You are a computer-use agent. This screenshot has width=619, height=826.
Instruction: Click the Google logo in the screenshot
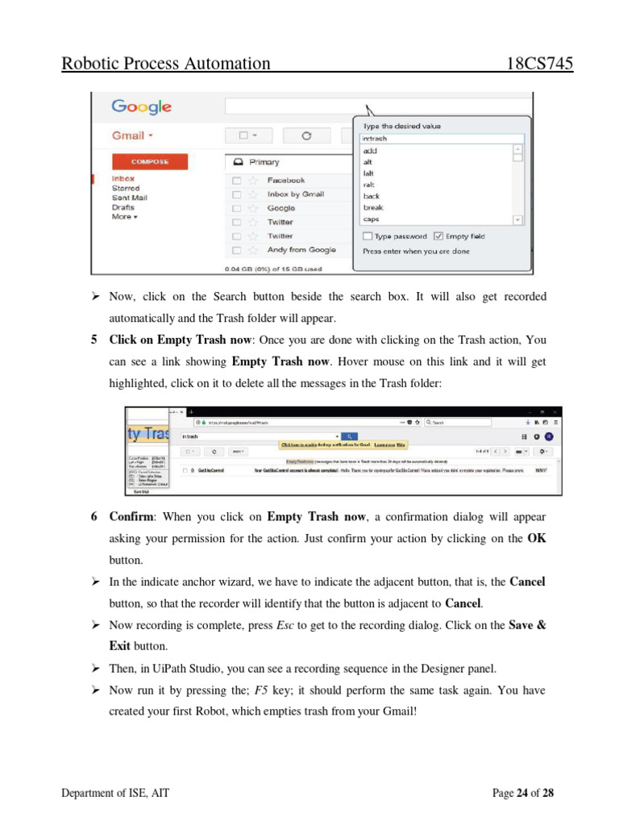pyautogui.click(x=141, y=106)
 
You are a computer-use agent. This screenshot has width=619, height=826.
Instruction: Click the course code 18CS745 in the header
pyautogui.click(x=539, y=64)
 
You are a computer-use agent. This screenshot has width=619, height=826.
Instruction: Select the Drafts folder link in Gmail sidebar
pyautogui.click(x=123, y=207)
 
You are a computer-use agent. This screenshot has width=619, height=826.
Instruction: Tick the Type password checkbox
pyautogui.click(x=368, y=236)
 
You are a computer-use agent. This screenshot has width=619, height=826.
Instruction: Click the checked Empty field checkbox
pyautogui.click(x=438, y=236)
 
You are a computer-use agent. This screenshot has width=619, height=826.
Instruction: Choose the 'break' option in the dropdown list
pyautogui.click(x=373, y=207)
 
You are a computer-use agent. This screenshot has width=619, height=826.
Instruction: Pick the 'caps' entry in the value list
pyautogui.click(x=371, y=219)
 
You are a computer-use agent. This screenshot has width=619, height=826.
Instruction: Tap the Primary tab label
pyautogui.click(x=264, y=162)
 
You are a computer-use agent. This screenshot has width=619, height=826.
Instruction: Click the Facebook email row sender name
pyautogui.click(x=285, y=181)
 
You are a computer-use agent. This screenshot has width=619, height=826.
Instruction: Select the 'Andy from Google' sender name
pyautogui.click(x=301, y=250)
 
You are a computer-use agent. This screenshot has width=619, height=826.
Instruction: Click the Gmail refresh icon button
pyautogui.click(x=305, y=136)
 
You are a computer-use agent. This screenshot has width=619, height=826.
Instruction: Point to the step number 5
pyautogui.click(x=93, y=340)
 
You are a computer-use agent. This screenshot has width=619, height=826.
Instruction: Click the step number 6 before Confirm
pyautogui.click(x=93, y=516)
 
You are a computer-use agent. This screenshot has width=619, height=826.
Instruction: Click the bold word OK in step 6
pyautogui.click(x=536, y=539)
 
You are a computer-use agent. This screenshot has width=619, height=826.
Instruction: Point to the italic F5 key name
pyautogui.click(x=261, y=690)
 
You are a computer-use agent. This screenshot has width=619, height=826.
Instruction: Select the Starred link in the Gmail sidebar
pyautogui.click(x=126, y=188)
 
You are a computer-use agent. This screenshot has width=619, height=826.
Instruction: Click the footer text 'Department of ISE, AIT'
pyautogui.click(x=115, y=793)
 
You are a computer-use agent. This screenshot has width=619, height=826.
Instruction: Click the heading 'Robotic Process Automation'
pyautogui.click(x=166, y=64)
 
